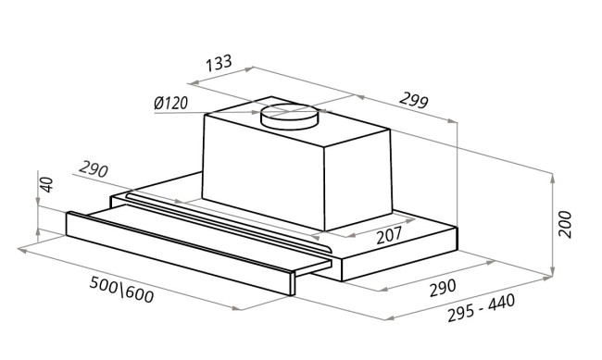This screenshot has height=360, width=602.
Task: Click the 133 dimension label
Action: pos(219,63)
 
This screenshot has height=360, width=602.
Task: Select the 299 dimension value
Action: pos(413,100)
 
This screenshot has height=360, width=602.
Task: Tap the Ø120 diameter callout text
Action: pos(170,104)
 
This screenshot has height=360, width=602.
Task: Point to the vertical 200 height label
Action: pos(565,225)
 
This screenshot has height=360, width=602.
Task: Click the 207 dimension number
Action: pos(389,235)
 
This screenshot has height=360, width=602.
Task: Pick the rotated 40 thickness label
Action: pos(46,184)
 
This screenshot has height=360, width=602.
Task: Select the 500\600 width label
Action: pos(121,290)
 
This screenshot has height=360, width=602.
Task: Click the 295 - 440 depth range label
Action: pos(481,308)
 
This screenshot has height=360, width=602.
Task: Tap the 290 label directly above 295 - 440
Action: pos(443,288)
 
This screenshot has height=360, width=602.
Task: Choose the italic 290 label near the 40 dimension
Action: pos(94,169)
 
